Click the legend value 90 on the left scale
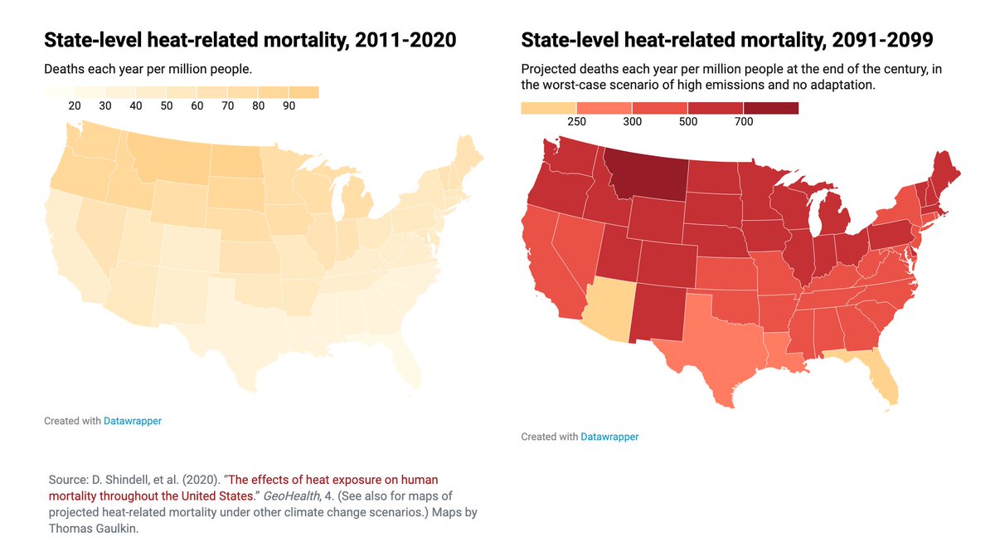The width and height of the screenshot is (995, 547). pos(289,105)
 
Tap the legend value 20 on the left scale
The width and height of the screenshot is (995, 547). pos(75,105)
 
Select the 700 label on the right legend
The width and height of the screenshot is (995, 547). pos(744,121)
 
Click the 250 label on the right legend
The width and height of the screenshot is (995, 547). pos(576,121)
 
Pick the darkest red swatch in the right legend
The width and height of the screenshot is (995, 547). pos(771,108)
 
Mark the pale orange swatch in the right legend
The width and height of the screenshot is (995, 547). pos(548,108)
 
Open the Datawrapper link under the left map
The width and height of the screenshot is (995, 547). pos(133,421)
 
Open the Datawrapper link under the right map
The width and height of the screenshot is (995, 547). pos(609,437)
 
